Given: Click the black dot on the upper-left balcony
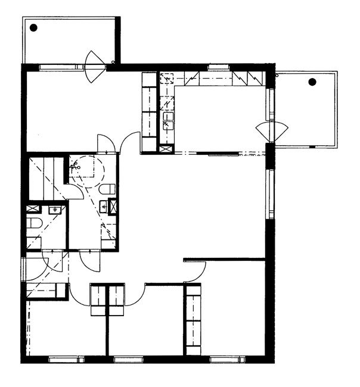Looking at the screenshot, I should [x=34, y=27].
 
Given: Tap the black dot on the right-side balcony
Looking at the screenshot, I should [x=312, y=82].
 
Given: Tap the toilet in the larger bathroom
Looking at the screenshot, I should [x=107, y=189].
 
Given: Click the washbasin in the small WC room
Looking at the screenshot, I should [x=57, y=210].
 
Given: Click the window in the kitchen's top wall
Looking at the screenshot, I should [x=219, y=67].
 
